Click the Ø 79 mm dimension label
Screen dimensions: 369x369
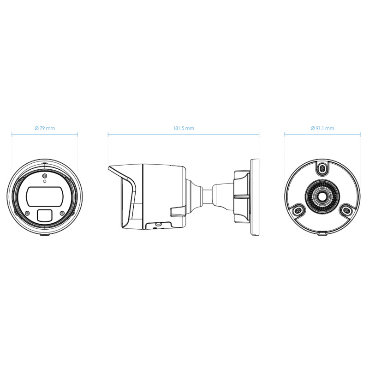coord(44,128)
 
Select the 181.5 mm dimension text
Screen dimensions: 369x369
coord(184,128)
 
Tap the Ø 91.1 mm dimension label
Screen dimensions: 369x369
coord(322,128)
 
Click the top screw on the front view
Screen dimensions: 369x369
coord(44,176)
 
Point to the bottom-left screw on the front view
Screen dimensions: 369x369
coord(27,213)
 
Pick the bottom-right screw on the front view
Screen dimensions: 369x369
coord(61,213)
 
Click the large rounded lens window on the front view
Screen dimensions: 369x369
coord(44,196)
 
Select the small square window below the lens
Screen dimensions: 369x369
coord(44,215)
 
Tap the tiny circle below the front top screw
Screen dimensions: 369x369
coord(44,182)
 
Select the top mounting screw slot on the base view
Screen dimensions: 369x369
coord(321,169)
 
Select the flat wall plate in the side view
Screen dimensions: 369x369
coord(255,197)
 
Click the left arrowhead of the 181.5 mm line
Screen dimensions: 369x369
coord(109,135)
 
